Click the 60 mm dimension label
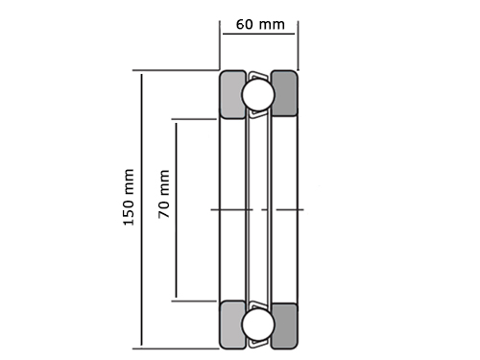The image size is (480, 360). coord(260,25)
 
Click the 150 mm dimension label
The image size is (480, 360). coord(129,197)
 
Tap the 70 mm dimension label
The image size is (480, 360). coord(163,194)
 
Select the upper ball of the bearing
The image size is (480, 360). coord(258,95)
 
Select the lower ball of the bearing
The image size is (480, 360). coord(258,324)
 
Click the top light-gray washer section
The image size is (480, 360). coord(232,94)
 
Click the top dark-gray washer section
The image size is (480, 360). coord(284,93)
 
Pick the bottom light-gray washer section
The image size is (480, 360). coord(232,324)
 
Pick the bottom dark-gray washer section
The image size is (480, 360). coord(284,325)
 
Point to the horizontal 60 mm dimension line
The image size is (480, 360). coord(258,34)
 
